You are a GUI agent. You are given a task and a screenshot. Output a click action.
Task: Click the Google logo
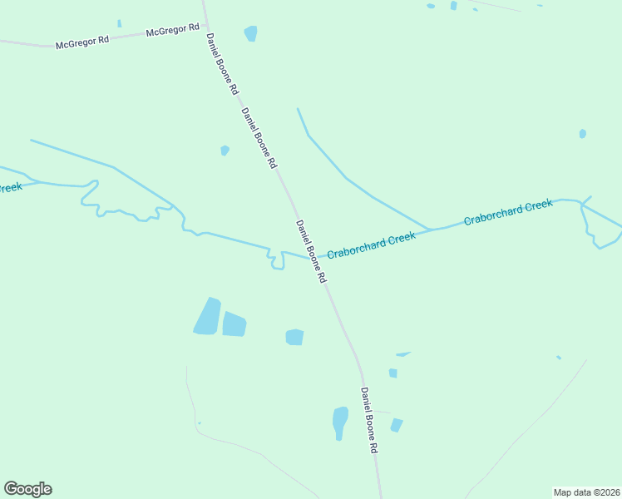point(27,488)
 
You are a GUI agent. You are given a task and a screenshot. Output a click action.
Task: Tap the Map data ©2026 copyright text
point(586,492)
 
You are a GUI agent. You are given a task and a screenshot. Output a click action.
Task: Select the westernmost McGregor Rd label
point(82,42)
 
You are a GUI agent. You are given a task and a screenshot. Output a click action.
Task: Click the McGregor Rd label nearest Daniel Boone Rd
point(172,30)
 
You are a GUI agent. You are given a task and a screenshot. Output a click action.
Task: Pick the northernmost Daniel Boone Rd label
point(222,63)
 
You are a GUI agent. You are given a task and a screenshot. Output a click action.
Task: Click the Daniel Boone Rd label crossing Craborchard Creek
point(311,251)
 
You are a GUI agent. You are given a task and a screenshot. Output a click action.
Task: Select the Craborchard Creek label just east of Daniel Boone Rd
point(371,245)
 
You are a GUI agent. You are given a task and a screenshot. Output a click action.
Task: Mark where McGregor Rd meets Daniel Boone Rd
point(205,25)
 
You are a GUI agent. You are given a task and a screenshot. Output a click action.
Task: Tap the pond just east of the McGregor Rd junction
point(250,33)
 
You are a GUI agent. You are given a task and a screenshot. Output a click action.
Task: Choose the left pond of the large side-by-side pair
point(207,317)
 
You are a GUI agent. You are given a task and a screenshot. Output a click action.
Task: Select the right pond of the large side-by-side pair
point(234,324)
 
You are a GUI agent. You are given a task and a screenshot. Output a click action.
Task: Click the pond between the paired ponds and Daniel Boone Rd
point(294,337)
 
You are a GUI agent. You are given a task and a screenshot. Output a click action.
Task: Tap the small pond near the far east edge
point(582,133)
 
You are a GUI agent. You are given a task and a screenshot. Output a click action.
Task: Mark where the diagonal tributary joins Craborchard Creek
point(430,229)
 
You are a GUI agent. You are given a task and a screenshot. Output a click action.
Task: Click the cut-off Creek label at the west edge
point(10,187)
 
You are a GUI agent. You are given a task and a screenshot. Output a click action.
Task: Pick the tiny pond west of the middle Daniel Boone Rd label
point(225,151)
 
